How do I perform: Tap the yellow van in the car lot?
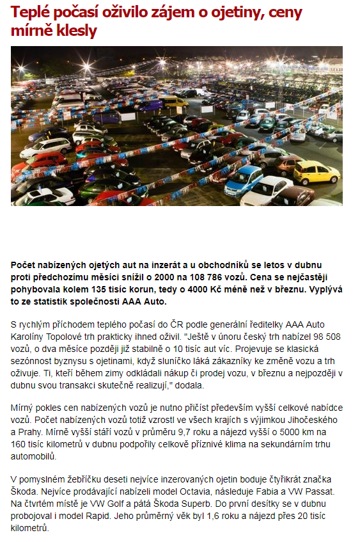pyautogui.click(x=174, y=102)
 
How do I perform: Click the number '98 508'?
pyautogui.click(x=326, y=335)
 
